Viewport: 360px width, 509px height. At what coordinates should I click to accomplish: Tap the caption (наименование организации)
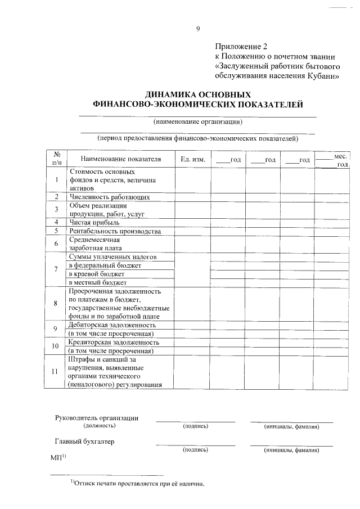tap(198, 121)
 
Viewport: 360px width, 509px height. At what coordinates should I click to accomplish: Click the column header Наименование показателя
tap(120, 159)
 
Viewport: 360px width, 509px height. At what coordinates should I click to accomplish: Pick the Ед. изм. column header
tap(193, 160)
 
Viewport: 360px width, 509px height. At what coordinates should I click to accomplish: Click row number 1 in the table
tap(57, 180)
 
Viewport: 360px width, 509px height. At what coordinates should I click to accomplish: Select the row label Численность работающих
tap(109, 197)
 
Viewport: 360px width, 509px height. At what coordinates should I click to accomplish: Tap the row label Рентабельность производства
tap(115, 231)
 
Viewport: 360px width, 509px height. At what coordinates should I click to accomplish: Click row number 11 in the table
tap(57, 372)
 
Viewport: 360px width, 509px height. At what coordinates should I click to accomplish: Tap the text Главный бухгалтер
tap(84, 442)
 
